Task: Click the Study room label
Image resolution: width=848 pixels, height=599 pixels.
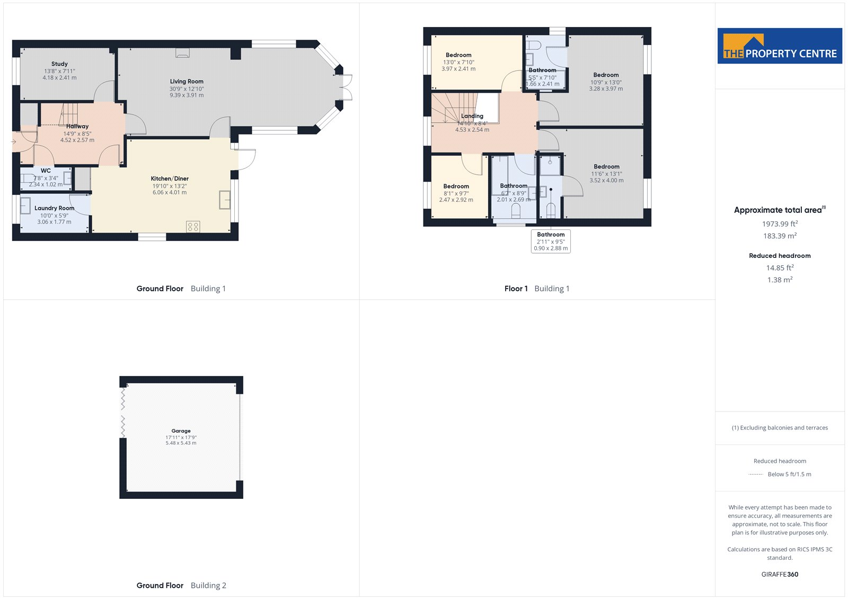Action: click(x=59, y=64)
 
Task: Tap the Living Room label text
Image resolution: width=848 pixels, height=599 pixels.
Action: click(x=187, y=82)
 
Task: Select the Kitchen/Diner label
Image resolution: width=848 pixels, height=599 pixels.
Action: click(x=170, y=178)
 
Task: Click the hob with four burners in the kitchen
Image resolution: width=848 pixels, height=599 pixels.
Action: click(x=193, y=227)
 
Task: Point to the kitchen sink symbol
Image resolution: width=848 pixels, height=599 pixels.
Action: click(x=225, y=200)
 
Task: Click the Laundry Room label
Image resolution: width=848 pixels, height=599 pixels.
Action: click(x=54, y=208)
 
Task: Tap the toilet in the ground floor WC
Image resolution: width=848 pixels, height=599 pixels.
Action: click(x=28, y=178)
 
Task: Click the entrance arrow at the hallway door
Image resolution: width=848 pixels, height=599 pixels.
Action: click(x=14, y=142)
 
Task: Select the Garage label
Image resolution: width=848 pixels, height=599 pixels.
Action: click(x=181, y=431)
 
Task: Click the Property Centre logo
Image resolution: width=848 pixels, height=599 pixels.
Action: click(x=780, y=46)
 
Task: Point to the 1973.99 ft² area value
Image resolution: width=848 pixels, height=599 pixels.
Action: click(x=780, y=223)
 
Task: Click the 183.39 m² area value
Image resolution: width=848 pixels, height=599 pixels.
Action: click(x=780, y=236)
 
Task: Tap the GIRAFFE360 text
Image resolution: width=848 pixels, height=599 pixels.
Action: click(x=780, y=574)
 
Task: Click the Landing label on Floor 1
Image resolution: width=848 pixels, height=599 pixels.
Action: click(x=472, y=116)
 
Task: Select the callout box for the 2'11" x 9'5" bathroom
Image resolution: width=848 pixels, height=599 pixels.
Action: click(x=551, y=242)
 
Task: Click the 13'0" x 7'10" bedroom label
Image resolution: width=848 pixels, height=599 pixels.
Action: click(x=458, y=61)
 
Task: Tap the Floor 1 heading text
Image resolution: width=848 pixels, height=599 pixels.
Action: click(x=516, y=289)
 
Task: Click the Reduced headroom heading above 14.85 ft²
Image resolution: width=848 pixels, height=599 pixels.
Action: click(x=780, y=256)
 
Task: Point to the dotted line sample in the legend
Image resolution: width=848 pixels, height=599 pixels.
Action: click(x=756, y=475)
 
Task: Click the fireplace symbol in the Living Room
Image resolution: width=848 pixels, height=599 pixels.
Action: click(x=182, y=53)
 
